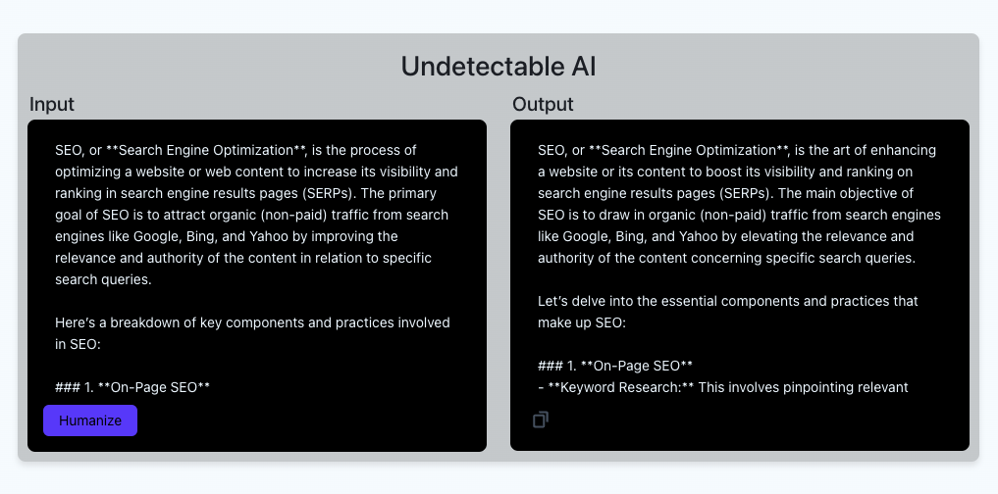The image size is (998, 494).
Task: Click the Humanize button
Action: click(90, 420)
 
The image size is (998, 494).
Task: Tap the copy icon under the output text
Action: click(540, 420)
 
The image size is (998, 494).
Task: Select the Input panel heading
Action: click(52, 104)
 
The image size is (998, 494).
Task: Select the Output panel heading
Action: click(543, 104)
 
